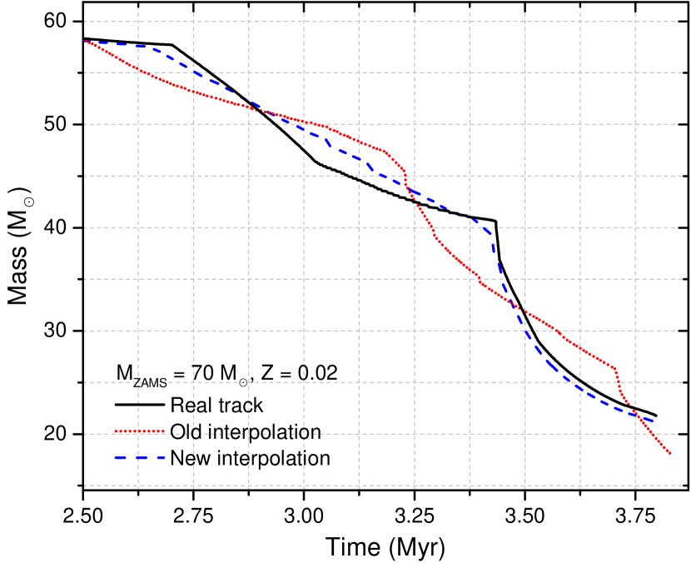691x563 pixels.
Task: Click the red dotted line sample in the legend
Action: coord(139,431)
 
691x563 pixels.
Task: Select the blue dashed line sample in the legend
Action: coord(139,457)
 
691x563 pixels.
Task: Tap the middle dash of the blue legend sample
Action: coord(139,457)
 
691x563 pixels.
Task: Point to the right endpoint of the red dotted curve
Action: coord(671,454)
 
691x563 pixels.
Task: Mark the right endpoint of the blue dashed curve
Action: coord(655,422)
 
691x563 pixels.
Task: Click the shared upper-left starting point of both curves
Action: coord(84,40)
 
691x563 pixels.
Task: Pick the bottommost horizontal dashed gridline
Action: coord(375,486)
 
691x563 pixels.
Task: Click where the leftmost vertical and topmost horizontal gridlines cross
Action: coord(138,22)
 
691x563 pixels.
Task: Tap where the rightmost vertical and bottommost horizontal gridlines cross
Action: coord(635,486)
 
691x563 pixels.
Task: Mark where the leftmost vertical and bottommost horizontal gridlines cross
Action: coord(138,486)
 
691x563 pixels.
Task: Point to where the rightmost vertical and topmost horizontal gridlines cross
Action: coord(635,22)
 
